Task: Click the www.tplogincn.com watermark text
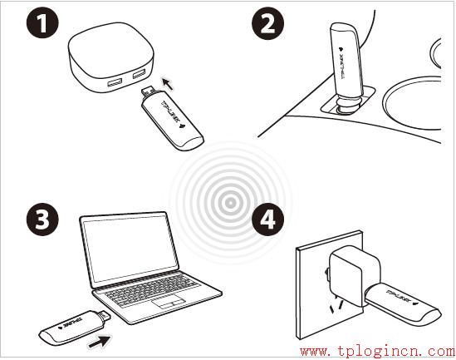click(375, 350)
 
